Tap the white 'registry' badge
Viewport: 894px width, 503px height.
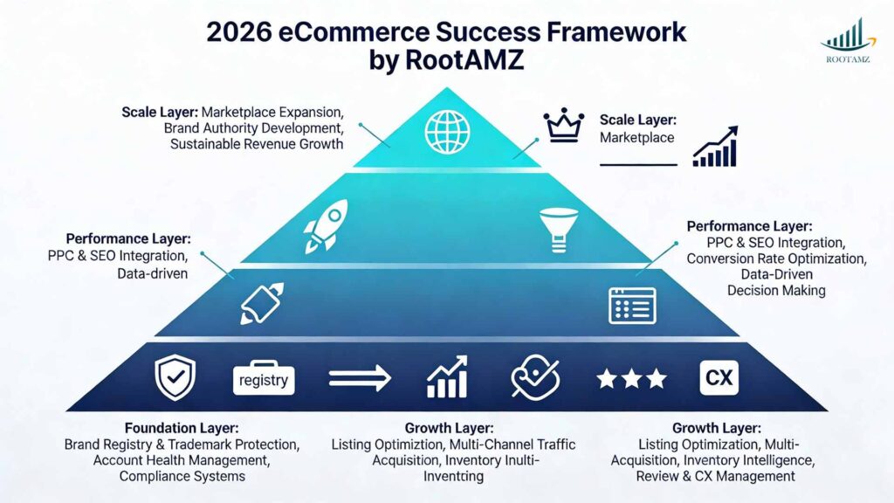coord(265,380)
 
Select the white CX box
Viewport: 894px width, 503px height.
coord(719,378)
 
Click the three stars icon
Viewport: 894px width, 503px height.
coord(631,378)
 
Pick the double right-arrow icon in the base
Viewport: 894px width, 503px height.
coord(357,378)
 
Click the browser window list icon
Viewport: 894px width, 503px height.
coord(631,305)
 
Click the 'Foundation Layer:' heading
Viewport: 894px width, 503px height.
coord(182,428)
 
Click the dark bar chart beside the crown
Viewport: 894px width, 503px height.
coord(715,147)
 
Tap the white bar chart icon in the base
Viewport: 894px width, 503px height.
coord(447,377)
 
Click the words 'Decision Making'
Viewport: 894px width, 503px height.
coord(776,290)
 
